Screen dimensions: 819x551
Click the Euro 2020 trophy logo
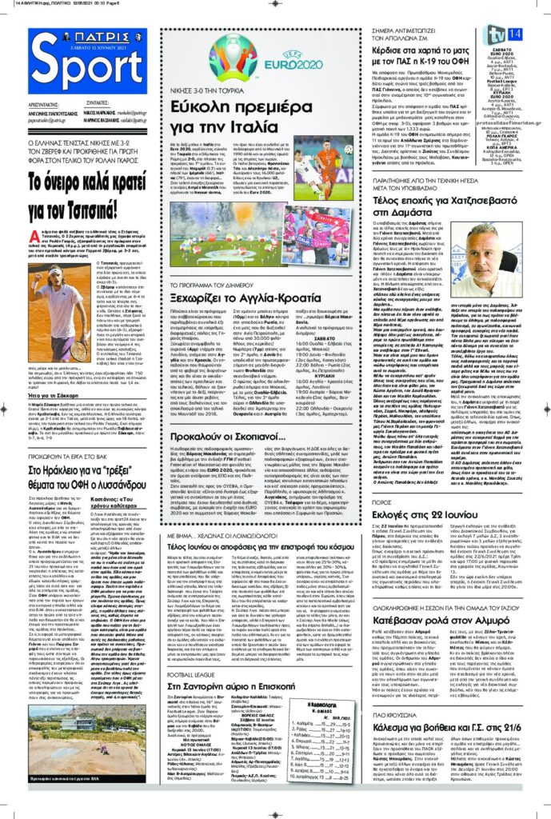(x=233, y=62)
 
